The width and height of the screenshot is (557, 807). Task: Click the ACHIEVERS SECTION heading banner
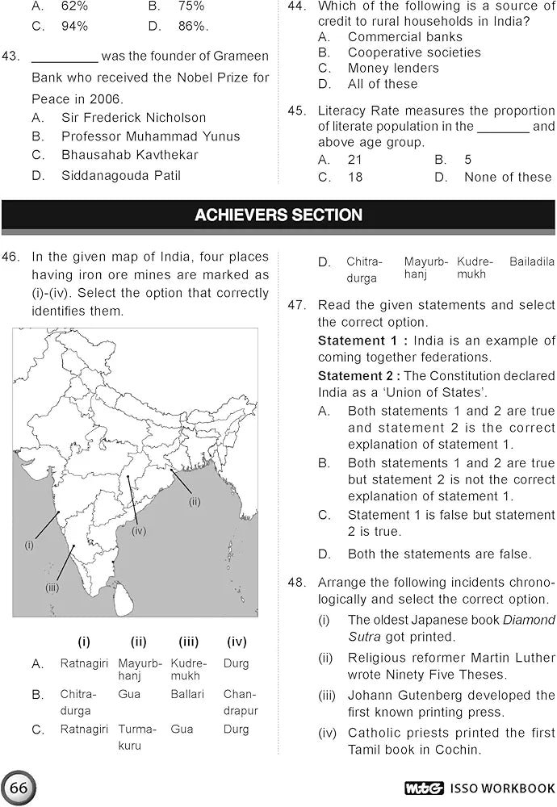pos(278,215)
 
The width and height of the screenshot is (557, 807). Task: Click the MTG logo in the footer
pos(421,788)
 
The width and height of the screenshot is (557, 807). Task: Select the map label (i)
pos(29,545)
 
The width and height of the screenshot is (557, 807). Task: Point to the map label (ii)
pos(194,502)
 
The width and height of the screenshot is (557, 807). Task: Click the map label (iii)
pos(52,587)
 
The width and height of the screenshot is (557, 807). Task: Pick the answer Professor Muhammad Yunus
pos(150,136)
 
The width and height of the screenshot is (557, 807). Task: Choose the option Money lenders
pos(393,68)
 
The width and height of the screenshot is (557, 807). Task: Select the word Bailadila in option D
pos(532,261)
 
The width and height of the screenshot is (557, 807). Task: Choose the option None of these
pos(508,177)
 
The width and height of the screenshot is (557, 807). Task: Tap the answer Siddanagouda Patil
pos(121,175)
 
